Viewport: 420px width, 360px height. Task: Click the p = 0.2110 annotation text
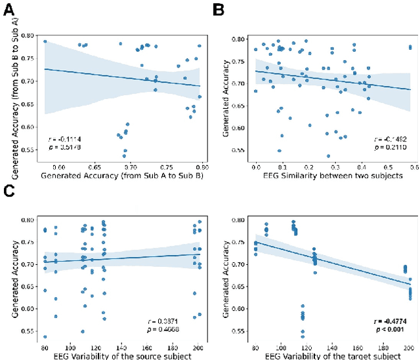tap(387, 148)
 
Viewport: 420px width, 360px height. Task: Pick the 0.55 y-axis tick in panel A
tap(30, 150)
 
